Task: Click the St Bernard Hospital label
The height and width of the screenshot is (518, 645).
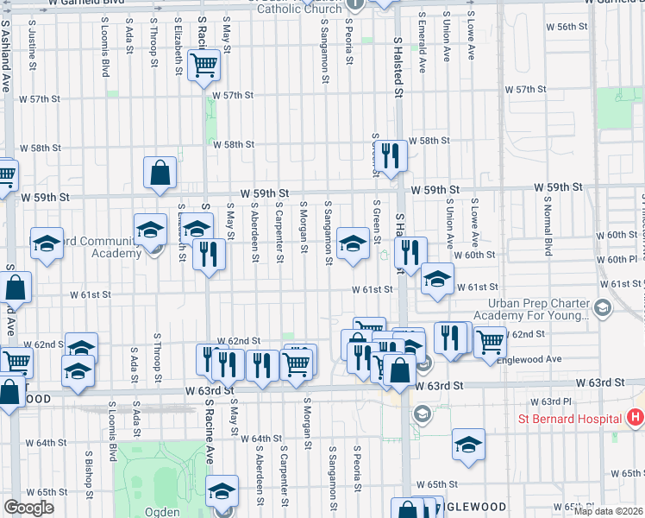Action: point(569,420)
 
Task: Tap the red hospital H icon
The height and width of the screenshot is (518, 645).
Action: point(636,419)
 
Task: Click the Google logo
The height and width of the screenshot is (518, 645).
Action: point(28,509)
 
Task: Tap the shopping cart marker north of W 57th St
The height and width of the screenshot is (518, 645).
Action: point(204,65)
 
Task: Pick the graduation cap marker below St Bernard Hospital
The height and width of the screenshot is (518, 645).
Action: point(468,445)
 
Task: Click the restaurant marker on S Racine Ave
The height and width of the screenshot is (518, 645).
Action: point(209,254)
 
